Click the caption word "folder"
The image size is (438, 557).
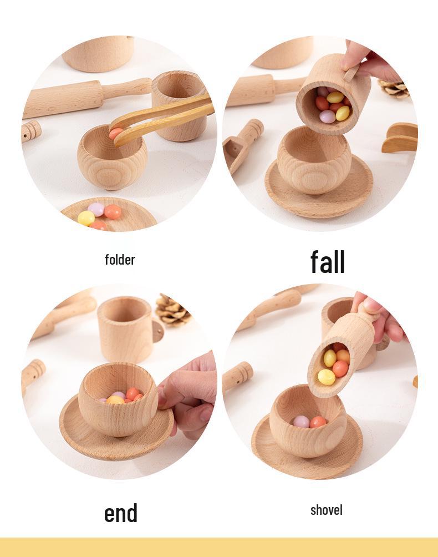point(120,260)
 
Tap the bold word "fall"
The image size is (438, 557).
point(327,262)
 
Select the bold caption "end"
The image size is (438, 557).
point(121,513)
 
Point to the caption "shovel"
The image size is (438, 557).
point(326,510)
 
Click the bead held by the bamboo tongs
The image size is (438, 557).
point(115,133)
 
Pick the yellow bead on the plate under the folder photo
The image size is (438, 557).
point(86,218)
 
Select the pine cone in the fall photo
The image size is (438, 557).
point(395,88)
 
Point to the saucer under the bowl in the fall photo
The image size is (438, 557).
point(319,189)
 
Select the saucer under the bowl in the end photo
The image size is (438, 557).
point(116,433)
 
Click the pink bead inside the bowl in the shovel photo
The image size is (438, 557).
point(301,422)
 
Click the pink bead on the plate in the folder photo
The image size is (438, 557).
point(96,209)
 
